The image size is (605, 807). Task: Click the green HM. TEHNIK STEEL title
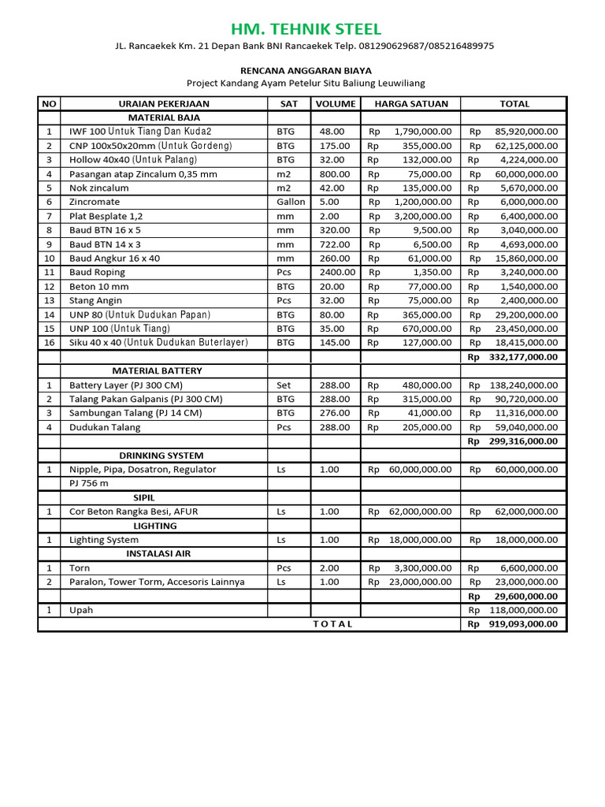pos(306,30)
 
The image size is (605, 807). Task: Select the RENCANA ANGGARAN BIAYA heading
pos(306,70)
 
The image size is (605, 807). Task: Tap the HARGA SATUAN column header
pos(410,103)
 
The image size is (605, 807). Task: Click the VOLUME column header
pos(336,103)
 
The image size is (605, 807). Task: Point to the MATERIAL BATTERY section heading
pos(157,370)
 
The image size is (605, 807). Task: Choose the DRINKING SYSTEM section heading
pos(161,456)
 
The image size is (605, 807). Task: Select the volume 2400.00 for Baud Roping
pos(337,272)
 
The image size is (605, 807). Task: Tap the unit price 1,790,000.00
pos(423,132)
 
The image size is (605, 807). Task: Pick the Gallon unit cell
pos(291,202)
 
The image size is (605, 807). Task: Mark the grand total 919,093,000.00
pos(522,623)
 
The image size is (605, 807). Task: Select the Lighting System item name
pos(104,540)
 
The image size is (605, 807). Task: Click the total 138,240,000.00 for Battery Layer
pos(522,385)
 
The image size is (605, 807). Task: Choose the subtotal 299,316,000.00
pos(522,441)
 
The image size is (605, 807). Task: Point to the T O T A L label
pos(333,623)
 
